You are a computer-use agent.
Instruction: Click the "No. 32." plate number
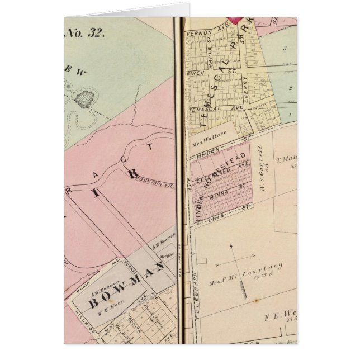(x=86, y=32)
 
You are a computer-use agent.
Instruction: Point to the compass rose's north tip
(x=231, y=245)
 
